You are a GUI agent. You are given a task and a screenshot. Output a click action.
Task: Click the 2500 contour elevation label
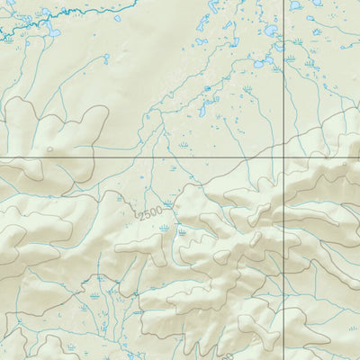pyautogui.click(x=151, y=211)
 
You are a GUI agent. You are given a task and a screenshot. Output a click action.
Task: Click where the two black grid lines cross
pyautogui.click(x=284, y=157)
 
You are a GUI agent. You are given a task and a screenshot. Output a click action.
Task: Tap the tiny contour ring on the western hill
pyautogui.click(x=49, y=149)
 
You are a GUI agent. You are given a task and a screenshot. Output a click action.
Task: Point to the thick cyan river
pyautogui.click(x=90, y=11)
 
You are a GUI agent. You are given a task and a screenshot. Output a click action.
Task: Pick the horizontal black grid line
pyautogui.click(x=135, y=157)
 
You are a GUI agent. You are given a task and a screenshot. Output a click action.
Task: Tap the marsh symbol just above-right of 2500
pyautogui.click(x=168, y=204)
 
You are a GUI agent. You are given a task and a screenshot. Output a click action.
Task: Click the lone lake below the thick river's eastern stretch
pyautogui.click(x=118, y=18)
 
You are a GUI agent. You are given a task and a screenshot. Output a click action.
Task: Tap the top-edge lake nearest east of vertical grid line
pyautogui.click(x=296, y=4)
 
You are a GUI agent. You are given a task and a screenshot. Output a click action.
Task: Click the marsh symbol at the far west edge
pyautogui.click(x=8, y=40)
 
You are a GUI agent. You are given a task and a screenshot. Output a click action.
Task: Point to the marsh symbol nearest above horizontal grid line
pyautogui.click(x=184, y=144)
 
